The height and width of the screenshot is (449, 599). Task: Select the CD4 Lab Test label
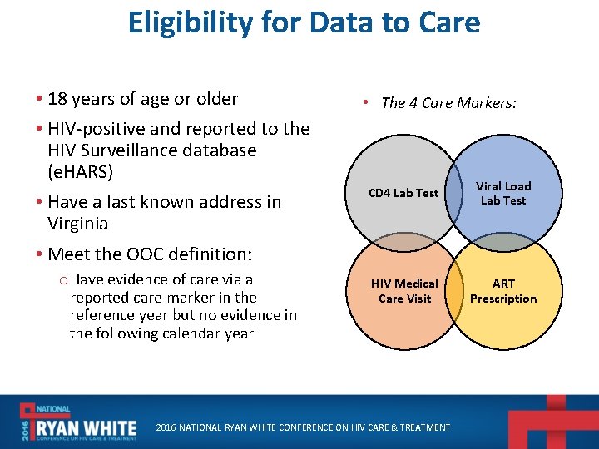point(403,193)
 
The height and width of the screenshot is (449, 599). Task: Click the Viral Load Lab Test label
point(502,193)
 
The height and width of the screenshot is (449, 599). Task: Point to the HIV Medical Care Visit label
point(404,291)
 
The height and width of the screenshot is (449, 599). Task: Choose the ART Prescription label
point(503,291)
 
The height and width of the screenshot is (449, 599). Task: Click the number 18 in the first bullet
point(57,99)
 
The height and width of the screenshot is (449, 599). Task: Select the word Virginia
point(77,224)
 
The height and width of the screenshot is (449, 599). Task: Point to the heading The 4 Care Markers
point(448,103)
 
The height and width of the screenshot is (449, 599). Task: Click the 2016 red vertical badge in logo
point(27,425)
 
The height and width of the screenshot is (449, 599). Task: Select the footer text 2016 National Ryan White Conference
point(304,427)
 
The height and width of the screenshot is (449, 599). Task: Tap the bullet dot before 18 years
point(39,100)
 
